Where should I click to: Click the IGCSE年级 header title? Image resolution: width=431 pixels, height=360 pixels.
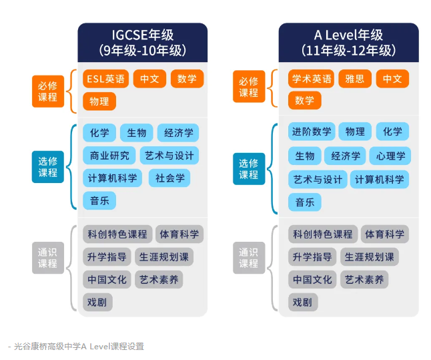click(x=142, y=35)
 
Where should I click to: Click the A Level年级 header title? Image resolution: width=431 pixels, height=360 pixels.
click(x=348, y=35)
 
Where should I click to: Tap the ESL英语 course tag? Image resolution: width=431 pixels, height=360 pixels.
click(x=105, y=79)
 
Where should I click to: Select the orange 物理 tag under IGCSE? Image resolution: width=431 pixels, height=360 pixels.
click(x=99, y=102)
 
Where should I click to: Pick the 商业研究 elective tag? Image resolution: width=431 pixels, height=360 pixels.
click(x=109, y=156)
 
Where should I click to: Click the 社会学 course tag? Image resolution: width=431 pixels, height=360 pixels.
click(x=169, y=178)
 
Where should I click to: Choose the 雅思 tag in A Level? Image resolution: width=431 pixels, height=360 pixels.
click(x=355, y=79)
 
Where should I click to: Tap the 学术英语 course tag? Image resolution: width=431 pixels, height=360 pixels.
click(x=312, y=79)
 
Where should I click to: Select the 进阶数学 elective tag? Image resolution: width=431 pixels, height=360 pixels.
click(x=312, y=132)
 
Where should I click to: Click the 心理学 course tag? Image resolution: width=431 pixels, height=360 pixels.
click(x=390, y=156)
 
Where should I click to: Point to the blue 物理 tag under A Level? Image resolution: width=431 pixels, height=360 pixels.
click(x=355, y=132)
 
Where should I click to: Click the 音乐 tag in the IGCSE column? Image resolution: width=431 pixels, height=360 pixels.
click(x=99, y=200)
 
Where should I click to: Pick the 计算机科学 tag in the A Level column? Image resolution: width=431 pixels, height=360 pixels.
click(x=379, y=179)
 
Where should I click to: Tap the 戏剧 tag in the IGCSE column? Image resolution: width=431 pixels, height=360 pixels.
click(x=97, y=302)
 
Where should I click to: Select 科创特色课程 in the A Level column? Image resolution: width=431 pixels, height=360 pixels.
click(x=323, y=234)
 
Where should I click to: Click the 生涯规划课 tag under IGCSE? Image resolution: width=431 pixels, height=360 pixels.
click(x=164, y=257)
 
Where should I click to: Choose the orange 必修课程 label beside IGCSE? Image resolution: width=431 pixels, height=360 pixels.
click(x=47, y=90)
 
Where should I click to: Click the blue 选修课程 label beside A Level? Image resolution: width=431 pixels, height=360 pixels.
click(x=248, y=168)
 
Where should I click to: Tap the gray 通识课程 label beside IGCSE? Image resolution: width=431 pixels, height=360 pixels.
click(x=47, y=258)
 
